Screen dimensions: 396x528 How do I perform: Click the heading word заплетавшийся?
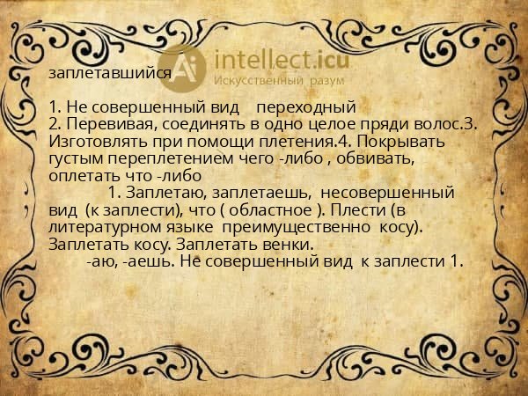tap(109, 75)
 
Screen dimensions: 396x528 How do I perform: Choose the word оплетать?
tap(86, 174)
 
